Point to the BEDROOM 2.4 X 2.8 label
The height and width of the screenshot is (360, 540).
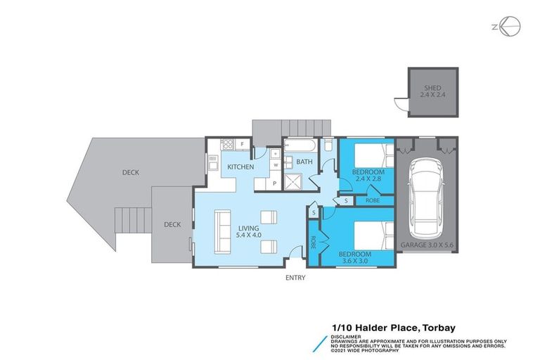[368, 176]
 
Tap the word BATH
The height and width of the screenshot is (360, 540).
[304, 162]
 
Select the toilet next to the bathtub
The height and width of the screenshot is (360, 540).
[328, 146]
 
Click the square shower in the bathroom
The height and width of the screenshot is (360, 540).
[295, 182]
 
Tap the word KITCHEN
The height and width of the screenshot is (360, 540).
[240, 167]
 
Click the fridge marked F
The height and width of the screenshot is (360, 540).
[242, 146]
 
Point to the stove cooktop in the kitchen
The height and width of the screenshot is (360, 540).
[226, 146]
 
